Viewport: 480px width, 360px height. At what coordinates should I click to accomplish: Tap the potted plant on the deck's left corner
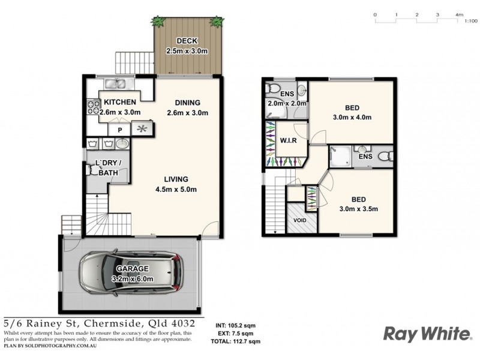pyautogui.click(x=159, y=22)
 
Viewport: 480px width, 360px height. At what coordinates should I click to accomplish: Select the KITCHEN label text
pyautogui.click(x=120, y=102)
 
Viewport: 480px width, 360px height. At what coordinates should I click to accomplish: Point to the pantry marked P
pyautogui.click(x=119, y=129)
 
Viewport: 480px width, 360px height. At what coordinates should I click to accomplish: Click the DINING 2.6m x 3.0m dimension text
pyautogui.click(x=187, y=113)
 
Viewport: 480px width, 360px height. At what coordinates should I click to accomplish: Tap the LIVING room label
pyautogui.click(x=176, y=179)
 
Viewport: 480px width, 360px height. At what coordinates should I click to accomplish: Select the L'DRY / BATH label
pyautogui.click(x=108, y=168)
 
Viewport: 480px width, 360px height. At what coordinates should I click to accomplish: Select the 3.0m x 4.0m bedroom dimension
pyautogui.click(x=352, y=118)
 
